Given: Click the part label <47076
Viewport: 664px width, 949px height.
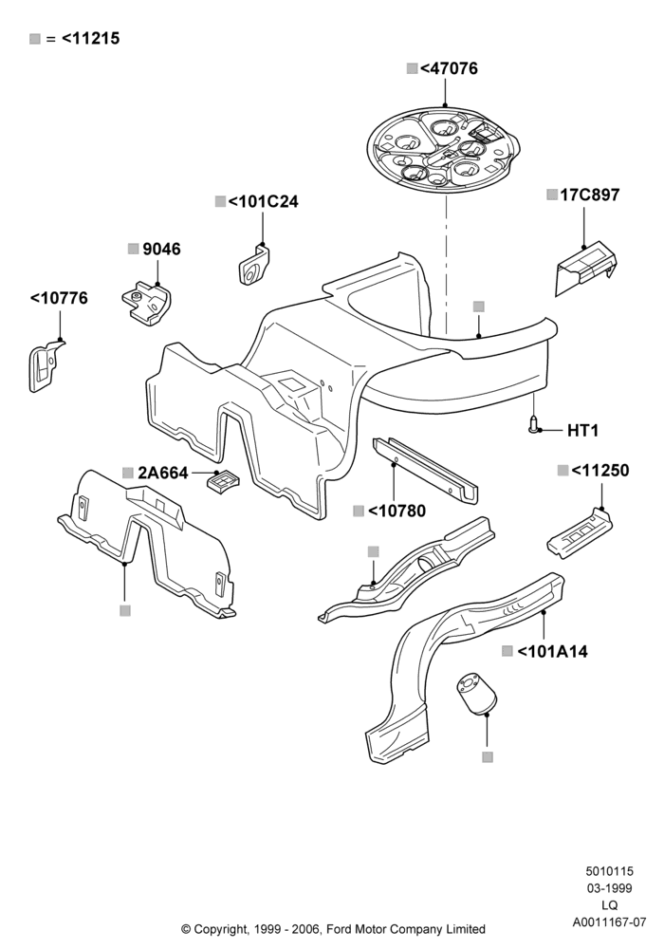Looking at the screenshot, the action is click(448, 68).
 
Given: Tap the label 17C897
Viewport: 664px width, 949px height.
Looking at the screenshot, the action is click(590, 195).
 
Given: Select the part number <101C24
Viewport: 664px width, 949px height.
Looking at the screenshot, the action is click(263, 201).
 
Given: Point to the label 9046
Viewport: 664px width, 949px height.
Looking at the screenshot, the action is click(161, 249).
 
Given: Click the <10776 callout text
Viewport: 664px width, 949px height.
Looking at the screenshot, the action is click(59, 298).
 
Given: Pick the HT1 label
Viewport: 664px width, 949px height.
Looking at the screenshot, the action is click(583, 430).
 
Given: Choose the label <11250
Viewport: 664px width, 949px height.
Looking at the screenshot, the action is click(599, 471).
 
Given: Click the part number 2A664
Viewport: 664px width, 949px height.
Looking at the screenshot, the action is click(163, 473).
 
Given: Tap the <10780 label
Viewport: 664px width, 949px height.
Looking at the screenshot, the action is click(397, 511).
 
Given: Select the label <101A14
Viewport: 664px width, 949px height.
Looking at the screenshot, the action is click(553, 651).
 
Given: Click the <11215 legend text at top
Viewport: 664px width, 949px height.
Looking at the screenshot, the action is click(91, 38).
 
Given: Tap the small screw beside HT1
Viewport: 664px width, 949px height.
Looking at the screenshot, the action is click(533, 425).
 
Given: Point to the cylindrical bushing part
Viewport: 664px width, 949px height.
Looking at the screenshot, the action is click(476, 693).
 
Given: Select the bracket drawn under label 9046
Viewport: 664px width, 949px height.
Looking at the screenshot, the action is click(147, 303).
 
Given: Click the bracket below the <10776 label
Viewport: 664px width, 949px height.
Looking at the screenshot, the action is click(45, 366).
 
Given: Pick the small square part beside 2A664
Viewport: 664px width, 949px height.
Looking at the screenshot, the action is click(223, 481).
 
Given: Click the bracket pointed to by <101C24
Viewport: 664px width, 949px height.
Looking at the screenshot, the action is click(254, 265).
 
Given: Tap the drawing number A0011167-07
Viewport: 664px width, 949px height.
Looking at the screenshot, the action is click(609, 922).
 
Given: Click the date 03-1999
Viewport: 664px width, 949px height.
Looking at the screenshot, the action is click(610, 888).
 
